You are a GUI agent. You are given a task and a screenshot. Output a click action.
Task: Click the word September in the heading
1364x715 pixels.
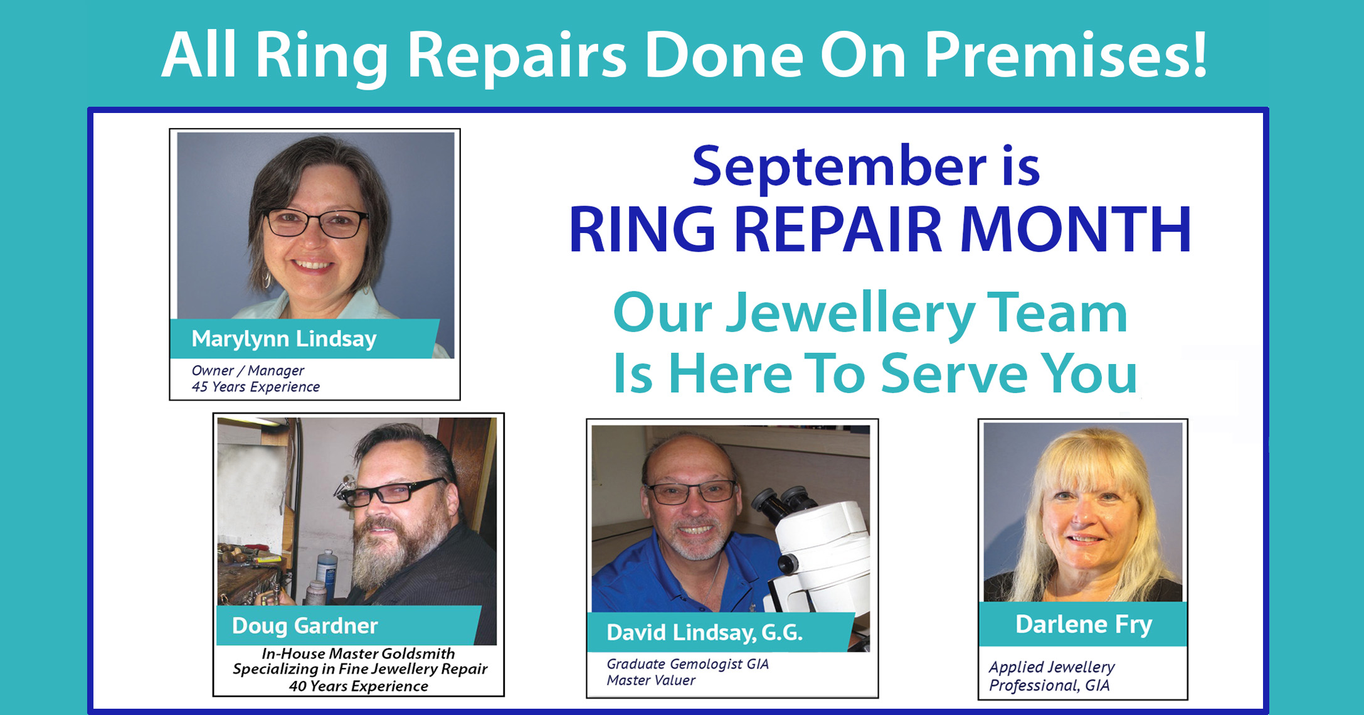pos(839,166)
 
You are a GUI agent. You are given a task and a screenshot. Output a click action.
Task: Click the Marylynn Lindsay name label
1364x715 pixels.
pos(284,339)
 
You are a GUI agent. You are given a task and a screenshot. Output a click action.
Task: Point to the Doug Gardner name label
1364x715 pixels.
pos(305,625)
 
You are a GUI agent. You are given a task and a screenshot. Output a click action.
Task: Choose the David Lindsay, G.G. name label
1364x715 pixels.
pos(704,633)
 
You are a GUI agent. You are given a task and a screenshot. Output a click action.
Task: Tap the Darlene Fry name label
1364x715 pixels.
pos(1084,624)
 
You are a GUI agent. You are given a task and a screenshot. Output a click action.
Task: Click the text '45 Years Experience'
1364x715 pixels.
pos(255,387)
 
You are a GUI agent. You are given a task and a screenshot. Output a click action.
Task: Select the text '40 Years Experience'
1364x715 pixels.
pos(359,686)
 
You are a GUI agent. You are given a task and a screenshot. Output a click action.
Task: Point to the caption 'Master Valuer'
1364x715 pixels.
pos(651,680)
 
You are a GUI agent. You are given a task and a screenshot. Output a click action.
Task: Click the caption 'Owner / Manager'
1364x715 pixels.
pos(248,370)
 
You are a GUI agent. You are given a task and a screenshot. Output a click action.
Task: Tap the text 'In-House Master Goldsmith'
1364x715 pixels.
pos(358,653)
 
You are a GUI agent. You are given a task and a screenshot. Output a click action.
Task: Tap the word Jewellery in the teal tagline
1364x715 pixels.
pos(850,313)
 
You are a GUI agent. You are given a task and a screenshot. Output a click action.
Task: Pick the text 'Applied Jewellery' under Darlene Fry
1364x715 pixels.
pos(1052,667)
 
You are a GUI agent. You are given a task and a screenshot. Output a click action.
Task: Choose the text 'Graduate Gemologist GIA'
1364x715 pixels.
pos(687,664)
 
